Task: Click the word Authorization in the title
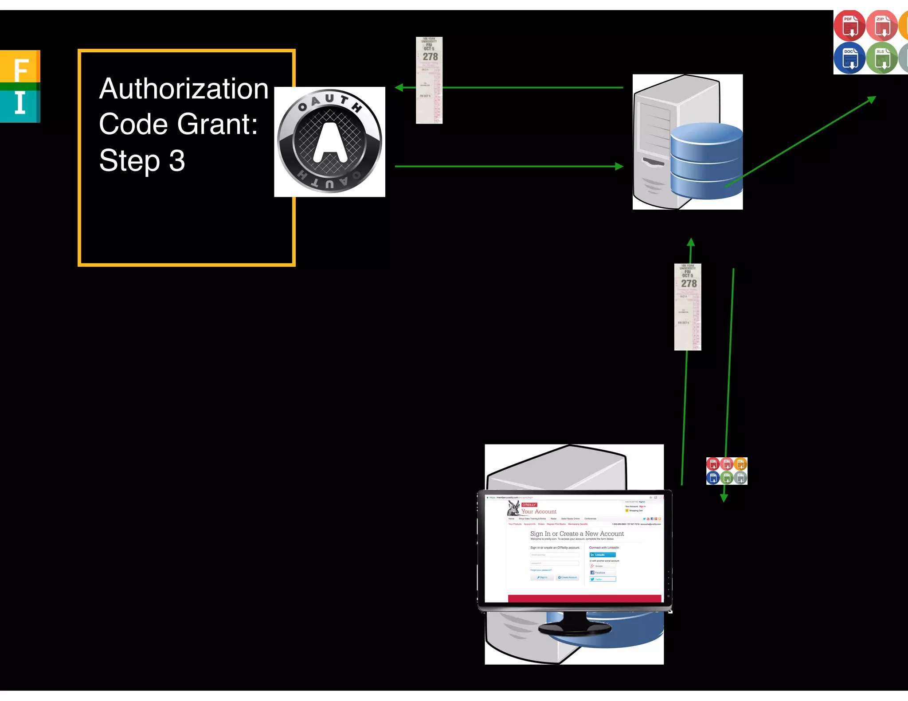(184, 89)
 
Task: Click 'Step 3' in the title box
(142, 160)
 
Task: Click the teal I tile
(20, 104)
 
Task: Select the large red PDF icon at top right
(849, 26)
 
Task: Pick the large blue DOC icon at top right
(849, 58)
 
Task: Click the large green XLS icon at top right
(881, 58)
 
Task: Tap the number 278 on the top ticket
(430, 57)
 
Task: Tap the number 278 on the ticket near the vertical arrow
(689, 284)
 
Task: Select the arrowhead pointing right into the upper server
(619, 167)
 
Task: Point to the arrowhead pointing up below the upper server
(691, 242)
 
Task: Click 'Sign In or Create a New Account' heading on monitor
(577, 534)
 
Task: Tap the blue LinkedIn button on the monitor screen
(602, 555)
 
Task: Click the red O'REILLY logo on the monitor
(529, 505)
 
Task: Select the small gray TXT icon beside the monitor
(740, 478)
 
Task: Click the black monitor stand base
(575, 628)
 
